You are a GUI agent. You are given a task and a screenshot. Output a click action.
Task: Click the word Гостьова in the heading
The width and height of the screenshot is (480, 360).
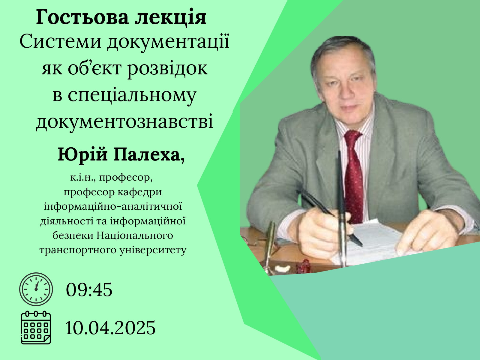pos(82,17)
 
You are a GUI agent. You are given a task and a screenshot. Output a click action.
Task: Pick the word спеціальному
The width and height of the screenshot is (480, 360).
pos(132,96)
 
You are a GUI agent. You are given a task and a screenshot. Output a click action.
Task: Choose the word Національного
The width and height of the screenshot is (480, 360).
pos(135,235)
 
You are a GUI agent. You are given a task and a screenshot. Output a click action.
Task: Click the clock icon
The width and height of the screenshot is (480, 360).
pos(36,289)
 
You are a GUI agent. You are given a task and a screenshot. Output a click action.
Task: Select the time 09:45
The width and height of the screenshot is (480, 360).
pos(89,290)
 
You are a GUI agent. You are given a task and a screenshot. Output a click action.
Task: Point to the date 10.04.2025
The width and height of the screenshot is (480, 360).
pos(110,328)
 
